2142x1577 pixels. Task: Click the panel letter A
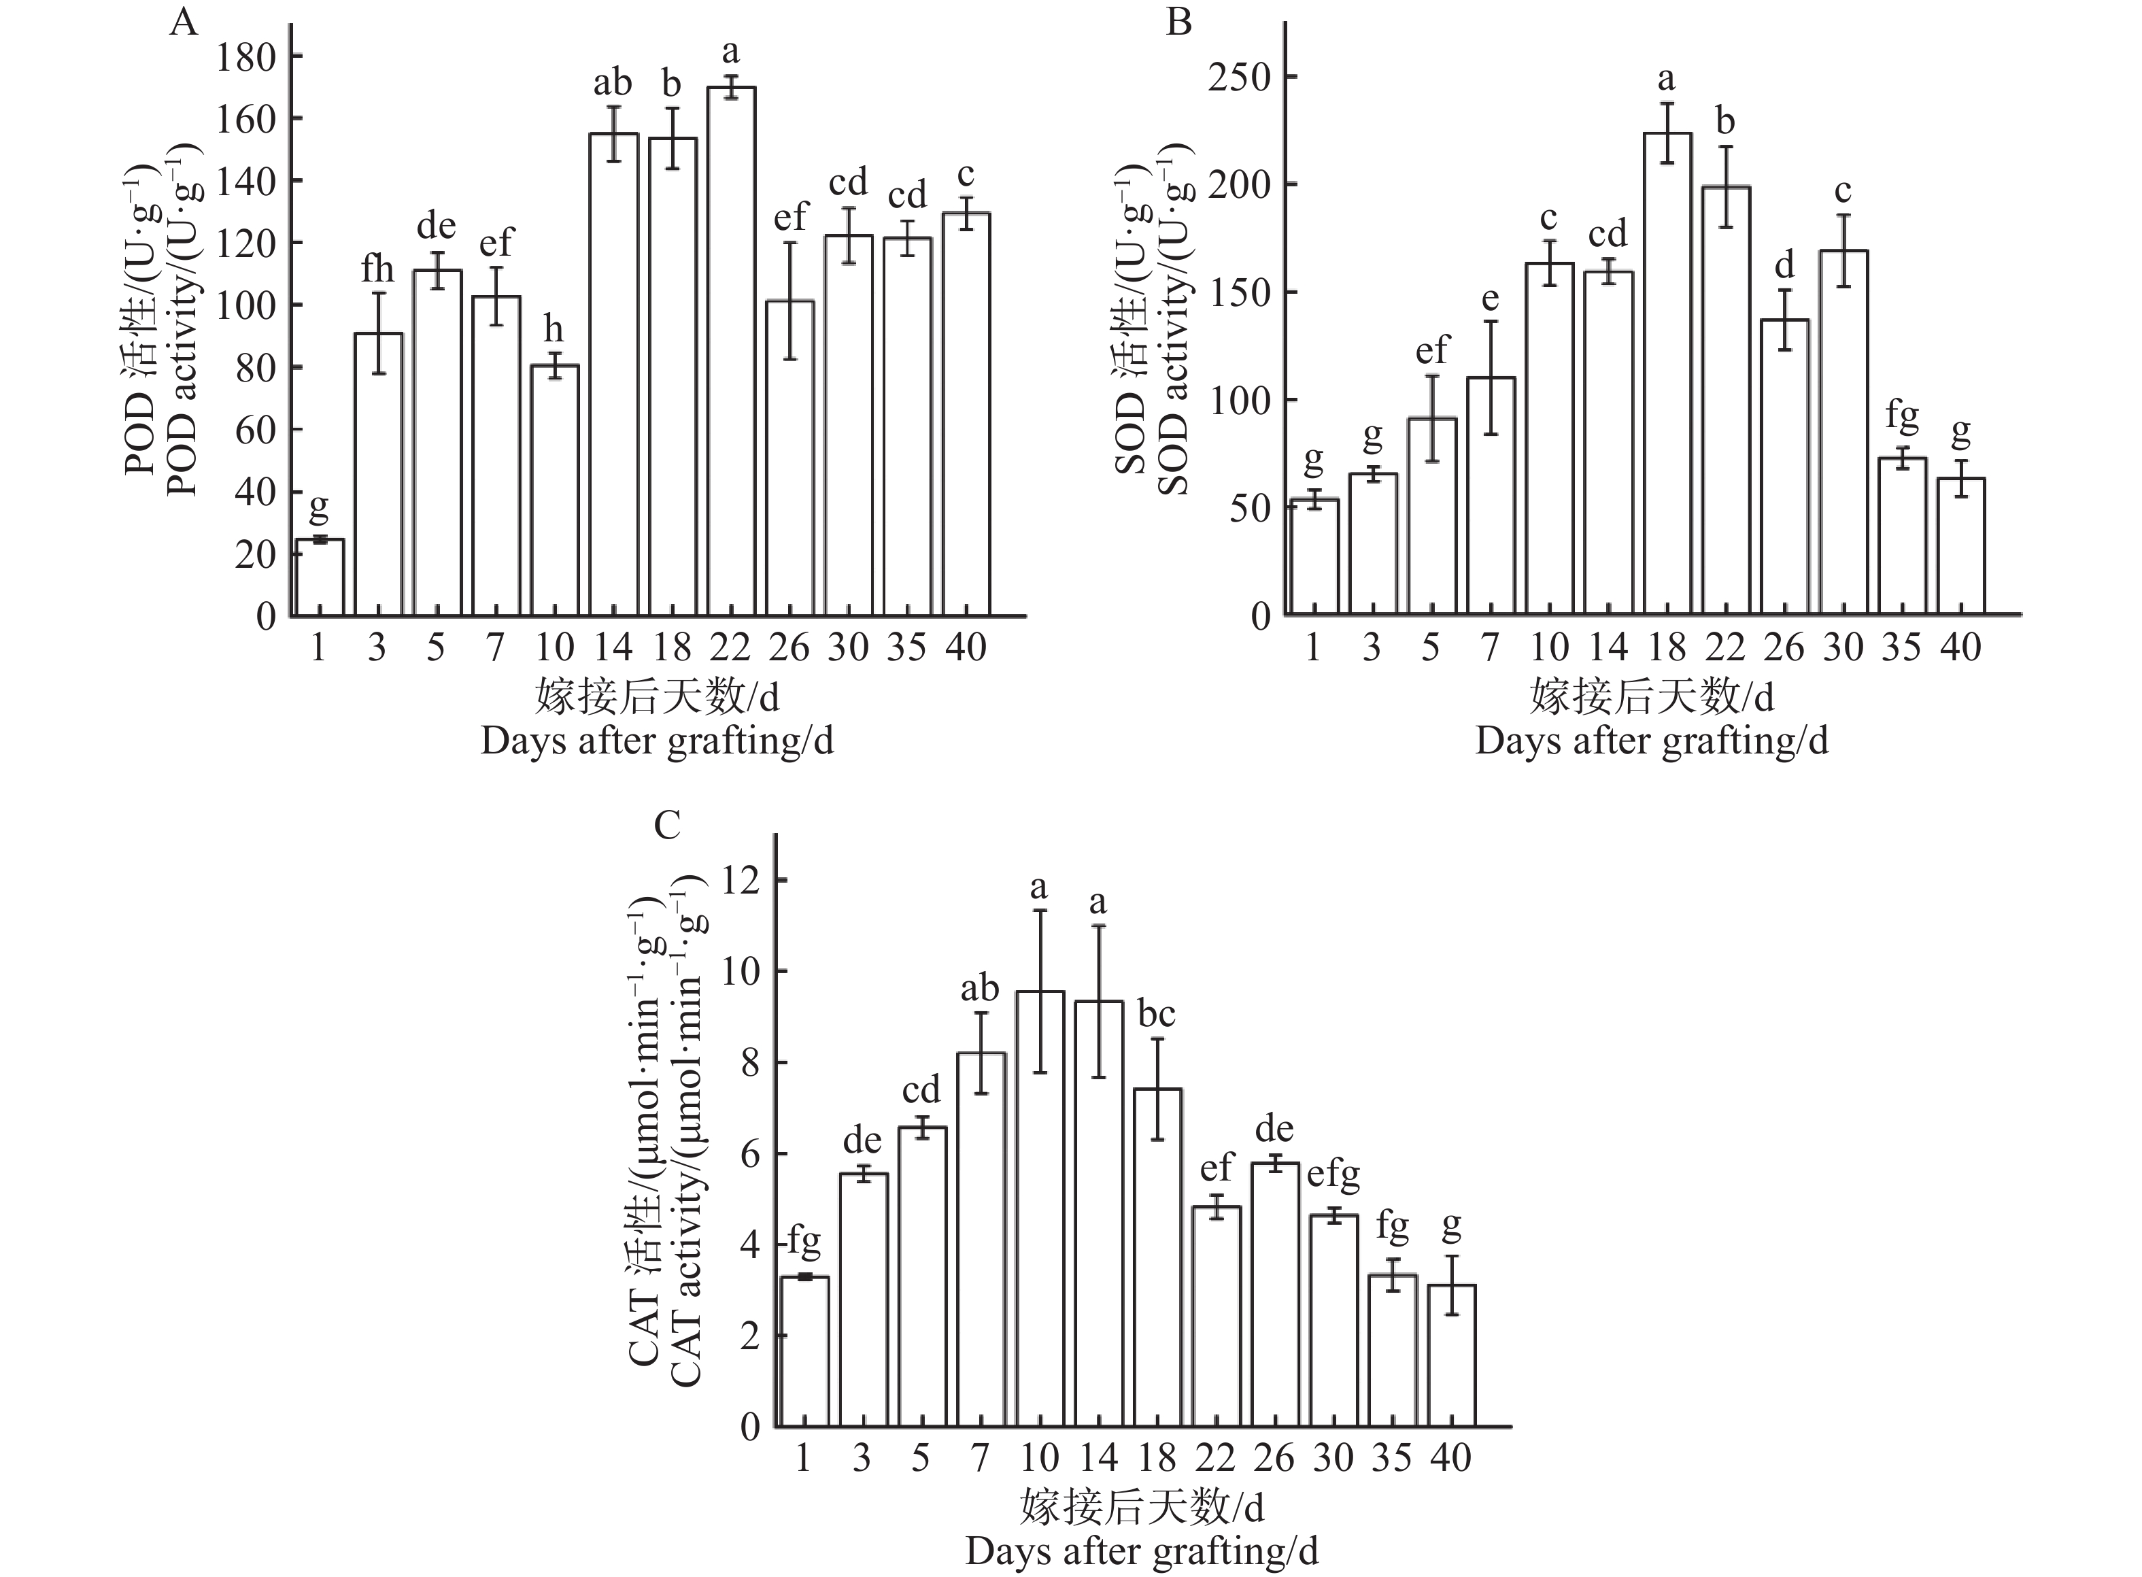coord(184,21)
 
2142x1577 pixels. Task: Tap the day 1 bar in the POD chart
coord(319,577)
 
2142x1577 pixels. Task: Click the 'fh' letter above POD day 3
coord(377,269)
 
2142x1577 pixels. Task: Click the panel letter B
coord(1179,21)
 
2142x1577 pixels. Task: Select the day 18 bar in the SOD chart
coord(1667,374)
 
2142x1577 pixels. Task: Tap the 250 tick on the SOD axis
coord(1239,78)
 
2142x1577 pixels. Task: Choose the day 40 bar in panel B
coord(1960,546)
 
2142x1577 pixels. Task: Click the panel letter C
coord(667,824)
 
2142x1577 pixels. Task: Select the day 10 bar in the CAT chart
coord(1040,1210)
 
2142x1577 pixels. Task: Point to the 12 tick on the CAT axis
coord(742,879)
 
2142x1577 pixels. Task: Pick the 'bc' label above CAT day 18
coord(1156,1014)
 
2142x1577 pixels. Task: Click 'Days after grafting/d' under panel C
coord(1142,1550)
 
